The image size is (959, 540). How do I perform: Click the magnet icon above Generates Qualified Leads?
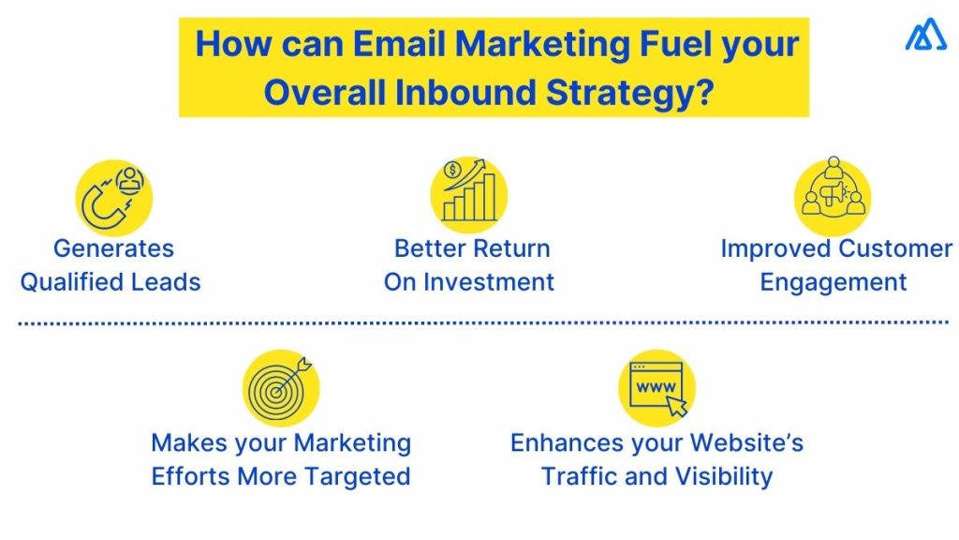(113, 197)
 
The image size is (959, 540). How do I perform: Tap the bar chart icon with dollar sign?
(469, 193)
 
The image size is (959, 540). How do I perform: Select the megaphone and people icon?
(833, 195)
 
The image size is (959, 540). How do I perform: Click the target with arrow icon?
(281, 388)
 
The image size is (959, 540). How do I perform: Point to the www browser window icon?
(657, 387)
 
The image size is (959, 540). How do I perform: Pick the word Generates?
(113, 248)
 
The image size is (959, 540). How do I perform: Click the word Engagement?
(833, 281)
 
